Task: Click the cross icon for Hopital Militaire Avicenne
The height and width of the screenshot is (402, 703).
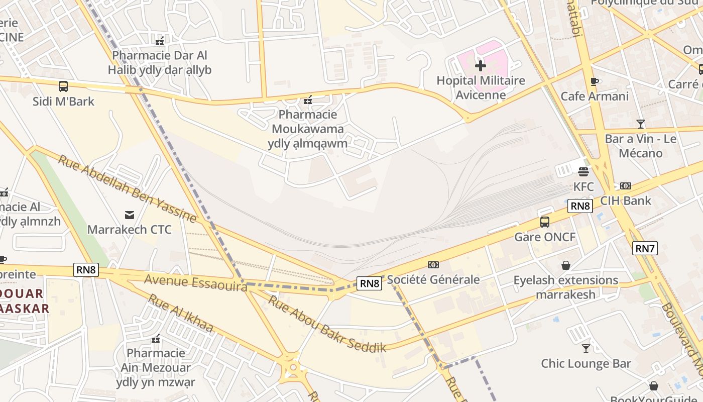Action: coord(481,65)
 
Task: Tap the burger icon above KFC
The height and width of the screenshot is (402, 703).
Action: coord(583,172)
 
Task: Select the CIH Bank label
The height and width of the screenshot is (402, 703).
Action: coord(626,200)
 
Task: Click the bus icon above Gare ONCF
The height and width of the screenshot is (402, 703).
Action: coord(545,222)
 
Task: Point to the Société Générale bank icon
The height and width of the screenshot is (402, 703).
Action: coord(433,265)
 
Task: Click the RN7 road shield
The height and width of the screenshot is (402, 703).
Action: coord(645,248)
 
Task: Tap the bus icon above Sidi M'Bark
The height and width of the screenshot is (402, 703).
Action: coord(63,86)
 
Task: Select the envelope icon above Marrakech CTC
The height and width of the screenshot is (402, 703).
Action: coord(130,215)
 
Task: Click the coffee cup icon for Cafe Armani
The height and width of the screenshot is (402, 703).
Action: coord(595,81)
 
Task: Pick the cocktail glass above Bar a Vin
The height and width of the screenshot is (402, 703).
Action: coord(640,124)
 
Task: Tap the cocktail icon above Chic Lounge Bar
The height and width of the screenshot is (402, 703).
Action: coord(586,348)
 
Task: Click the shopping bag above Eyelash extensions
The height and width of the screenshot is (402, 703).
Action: coord(566,265)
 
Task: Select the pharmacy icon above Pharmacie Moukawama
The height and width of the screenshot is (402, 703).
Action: coord(307,100)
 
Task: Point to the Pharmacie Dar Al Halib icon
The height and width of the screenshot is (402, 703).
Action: coord(160,41)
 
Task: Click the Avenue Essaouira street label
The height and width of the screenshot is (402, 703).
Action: coord(196,282)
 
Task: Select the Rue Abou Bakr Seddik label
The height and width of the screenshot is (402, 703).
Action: coord(327,324)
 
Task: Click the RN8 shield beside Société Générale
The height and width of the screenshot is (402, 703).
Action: coord(370,283)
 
